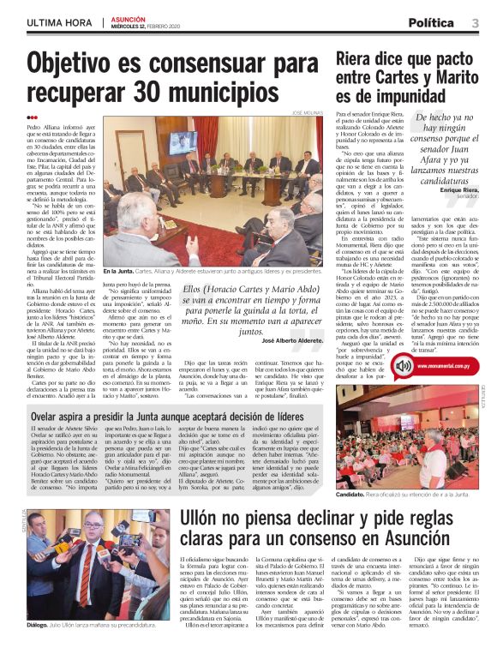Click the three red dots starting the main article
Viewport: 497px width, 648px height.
(33, 117)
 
